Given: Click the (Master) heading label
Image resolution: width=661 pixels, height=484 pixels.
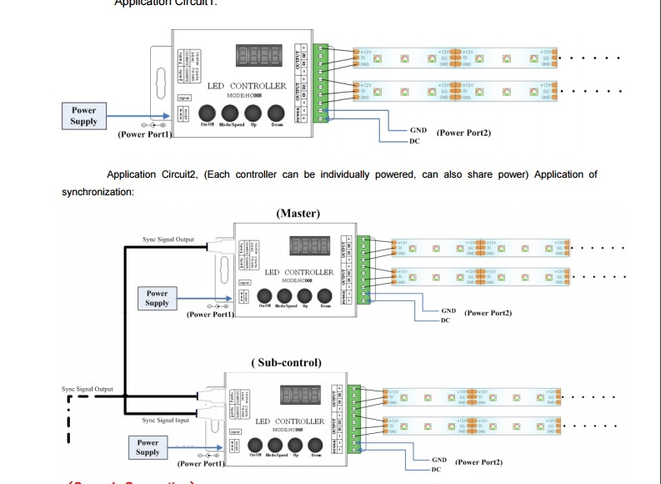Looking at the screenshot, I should [298, 214].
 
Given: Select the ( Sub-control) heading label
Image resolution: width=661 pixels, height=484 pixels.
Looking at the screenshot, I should [286, 362].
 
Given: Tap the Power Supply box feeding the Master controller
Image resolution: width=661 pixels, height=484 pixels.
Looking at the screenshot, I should [158, 298].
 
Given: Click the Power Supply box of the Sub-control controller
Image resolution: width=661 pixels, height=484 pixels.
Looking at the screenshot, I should [148, 447].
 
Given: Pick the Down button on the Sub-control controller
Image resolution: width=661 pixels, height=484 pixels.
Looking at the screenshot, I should [316, 444].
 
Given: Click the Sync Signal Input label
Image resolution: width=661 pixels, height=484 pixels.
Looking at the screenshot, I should [165, 421].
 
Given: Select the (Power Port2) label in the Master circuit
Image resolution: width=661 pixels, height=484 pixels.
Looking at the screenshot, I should [488, 313].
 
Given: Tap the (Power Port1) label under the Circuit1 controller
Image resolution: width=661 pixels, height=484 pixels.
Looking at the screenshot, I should [144, 134].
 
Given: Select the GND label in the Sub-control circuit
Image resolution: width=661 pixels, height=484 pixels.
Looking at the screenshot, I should [439, 460].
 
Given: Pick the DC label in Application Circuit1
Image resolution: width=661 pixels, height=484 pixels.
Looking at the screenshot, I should [414, 141].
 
